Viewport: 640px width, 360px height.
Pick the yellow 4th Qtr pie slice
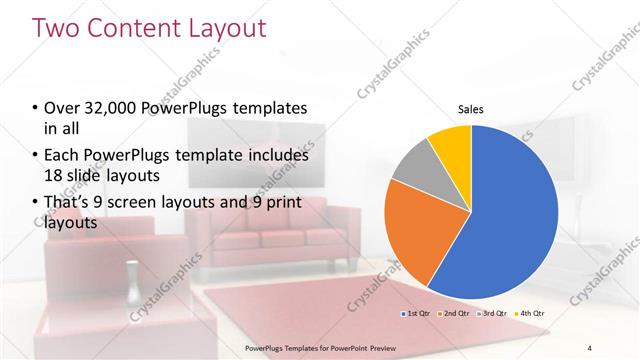coord(449,146)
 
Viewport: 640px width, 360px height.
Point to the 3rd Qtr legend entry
coord(492,314)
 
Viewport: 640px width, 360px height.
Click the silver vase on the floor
coord(131,281)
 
